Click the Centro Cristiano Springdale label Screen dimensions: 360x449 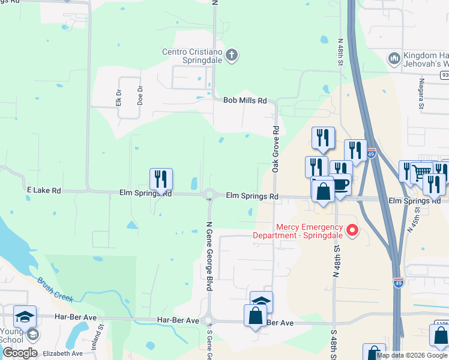coord(191,56)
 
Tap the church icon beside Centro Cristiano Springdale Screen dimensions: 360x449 coord(232,56)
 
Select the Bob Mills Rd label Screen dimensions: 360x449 coord(245,101)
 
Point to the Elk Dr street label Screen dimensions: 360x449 coord(118,96)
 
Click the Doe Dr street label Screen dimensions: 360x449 coord(140,95)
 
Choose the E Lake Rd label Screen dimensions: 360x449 coord(44,190)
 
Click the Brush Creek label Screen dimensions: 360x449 coord(55,289)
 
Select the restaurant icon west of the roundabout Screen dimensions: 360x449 coord(161,179)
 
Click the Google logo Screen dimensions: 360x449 coord(19,353)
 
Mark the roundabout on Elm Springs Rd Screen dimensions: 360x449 coord(210,194)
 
